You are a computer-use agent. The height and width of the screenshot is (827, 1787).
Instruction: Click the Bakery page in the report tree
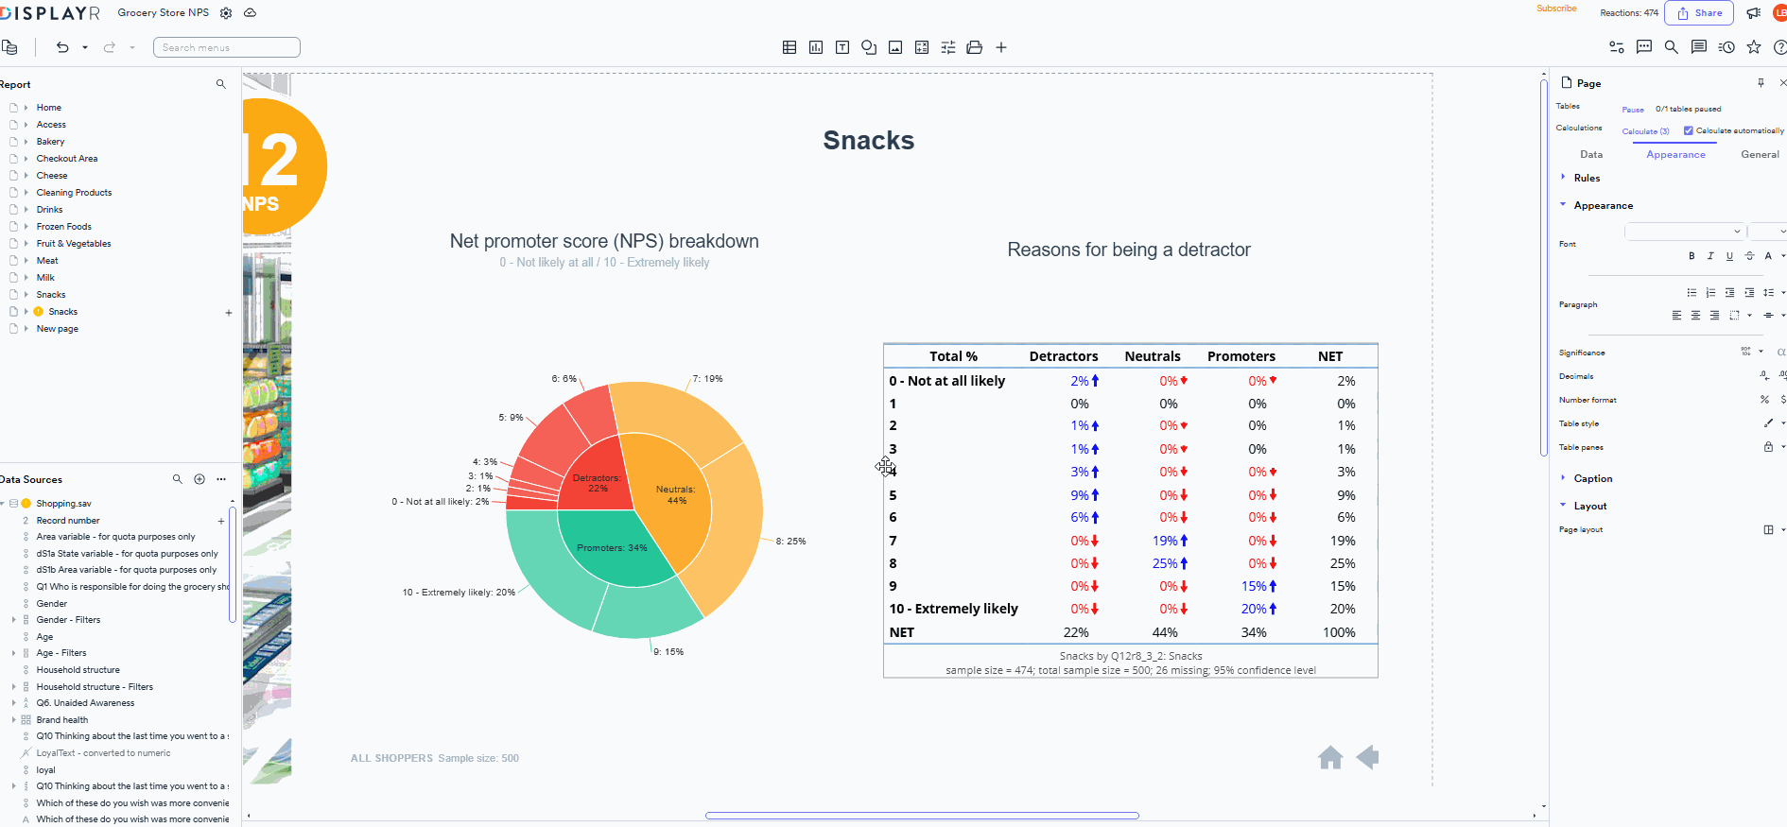coord(50,142)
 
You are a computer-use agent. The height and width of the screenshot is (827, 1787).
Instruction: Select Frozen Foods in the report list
coord(63,227)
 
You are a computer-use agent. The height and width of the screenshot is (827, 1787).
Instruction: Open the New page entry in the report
coord(57,329)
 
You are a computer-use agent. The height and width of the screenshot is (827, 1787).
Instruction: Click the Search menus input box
coord(227,47)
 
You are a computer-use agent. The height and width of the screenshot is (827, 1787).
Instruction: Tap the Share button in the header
coord(1699,13)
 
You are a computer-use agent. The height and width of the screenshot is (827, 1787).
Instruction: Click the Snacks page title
coord(868,141)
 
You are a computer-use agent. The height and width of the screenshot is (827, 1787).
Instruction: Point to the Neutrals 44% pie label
coord(676,495)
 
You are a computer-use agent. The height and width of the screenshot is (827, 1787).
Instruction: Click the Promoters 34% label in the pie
coord(612,548)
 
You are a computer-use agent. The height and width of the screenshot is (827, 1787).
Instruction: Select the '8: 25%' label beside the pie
coord(790,542)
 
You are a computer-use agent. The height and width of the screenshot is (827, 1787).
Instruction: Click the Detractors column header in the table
coord(1063,356)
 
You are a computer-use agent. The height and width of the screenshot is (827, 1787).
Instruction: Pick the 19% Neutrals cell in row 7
coord(1165,541)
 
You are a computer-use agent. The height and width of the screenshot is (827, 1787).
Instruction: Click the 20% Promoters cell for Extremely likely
coord(1254,610)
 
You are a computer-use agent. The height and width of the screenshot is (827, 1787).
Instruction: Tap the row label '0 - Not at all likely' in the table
coord(946,381)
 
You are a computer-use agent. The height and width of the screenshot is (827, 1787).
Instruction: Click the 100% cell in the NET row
coord(1339,632)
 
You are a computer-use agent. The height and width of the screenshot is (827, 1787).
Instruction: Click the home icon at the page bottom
coord(1330,758)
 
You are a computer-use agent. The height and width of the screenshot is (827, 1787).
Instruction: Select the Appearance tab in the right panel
coord(1675,155)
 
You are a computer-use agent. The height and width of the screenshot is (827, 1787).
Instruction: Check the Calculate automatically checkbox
coord(1688,131)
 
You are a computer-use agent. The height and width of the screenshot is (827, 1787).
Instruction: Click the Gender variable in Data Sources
coord(52,604)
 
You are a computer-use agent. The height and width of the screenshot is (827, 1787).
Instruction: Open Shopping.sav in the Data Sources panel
coord(63,504)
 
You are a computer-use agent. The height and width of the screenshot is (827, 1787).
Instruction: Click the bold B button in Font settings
coord(1692,256)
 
